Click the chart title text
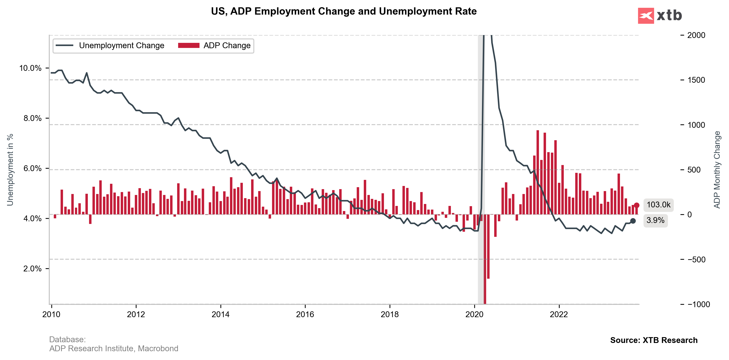pyautogui.click(x=344, y=11)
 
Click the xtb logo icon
pyautogui.click(x=646, y=16)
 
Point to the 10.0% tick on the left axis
pyautogui.click(x=30, y=68)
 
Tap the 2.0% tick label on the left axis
pyautogui.click(x=32, y=268)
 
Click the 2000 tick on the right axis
pyautogui.click(x=696, y=35)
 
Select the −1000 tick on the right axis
pyautogui.click(x=698, y=305)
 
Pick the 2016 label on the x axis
pyautogui.click(x=305, y=314)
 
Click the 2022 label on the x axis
pyautogui.click(x=559, y=314)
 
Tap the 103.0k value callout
pyautogui.click(x=658, y=205)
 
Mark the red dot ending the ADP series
pyautogui.click(x=637, y=205)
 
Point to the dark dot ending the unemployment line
pyautogui.click(x=633, y=221)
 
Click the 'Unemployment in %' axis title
pyautogui.click(x=10, y=170)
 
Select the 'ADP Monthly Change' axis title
pyautogui.click(x=717, y=170)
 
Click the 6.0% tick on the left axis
pyautogui.click(x=32, y=169)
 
